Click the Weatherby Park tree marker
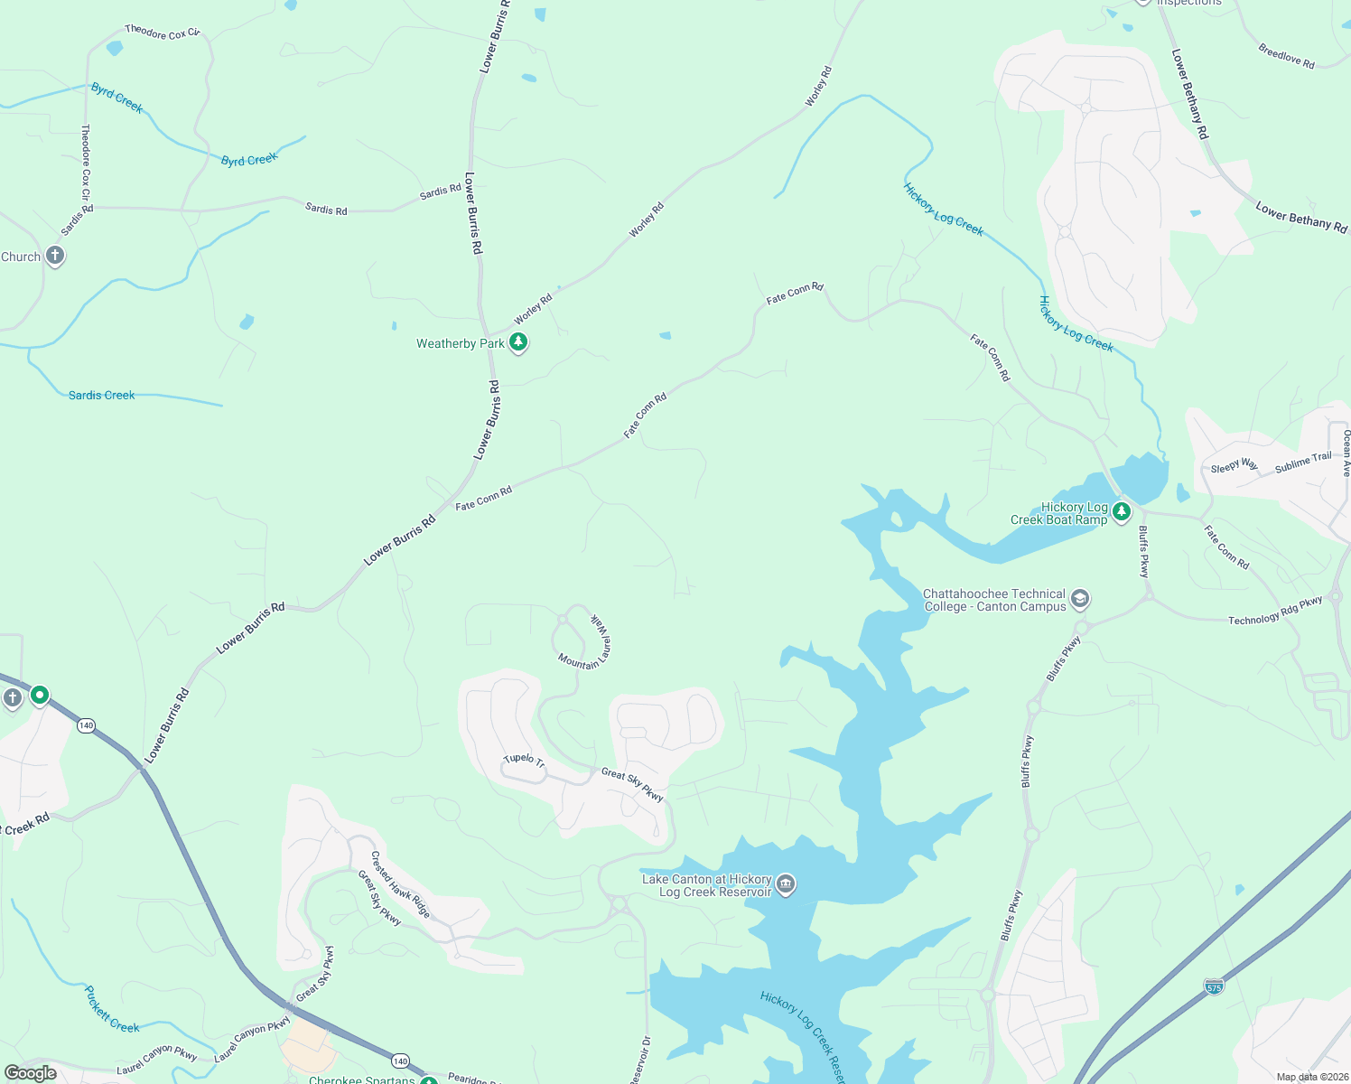point(518,342)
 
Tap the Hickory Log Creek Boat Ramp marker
point(1122,512)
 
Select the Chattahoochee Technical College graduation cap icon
point(1080,599)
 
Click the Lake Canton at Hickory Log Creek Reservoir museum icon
point(786,884)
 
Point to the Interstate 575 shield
point(1215,986)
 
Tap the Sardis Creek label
point(101,395)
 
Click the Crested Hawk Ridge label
point(401,884)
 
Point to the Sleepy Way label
point(1234,466)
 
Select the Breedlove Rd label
point(1286,56)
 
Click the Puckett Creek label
point(111,1010)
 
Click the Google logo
point(31,1073)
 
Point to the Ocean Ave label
point(1346,453)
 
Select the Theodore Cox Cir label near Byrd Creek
point(162,33)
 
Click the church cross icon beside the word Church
point(55,256)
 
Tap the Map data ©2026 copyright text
point(1309,1077)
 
